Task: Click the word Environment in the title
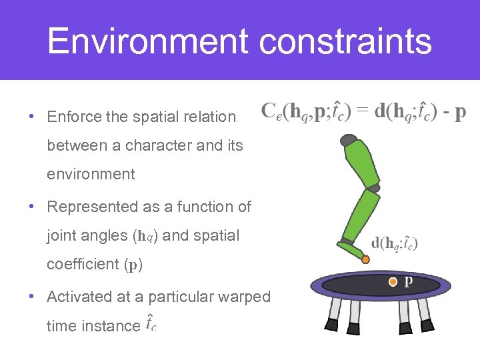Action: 148,41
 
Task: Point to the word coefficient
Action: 83,264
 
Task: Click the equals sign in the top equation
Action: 362,111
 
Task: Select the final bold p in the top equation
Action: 460,113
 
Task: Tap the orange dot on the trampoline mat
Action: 393,282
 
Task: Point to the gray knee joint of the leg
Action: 373,189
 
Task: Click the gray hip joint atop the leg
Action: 349,140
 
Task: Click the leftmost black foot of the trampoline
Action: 331,325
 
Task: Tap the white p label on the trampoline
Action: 409,281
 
